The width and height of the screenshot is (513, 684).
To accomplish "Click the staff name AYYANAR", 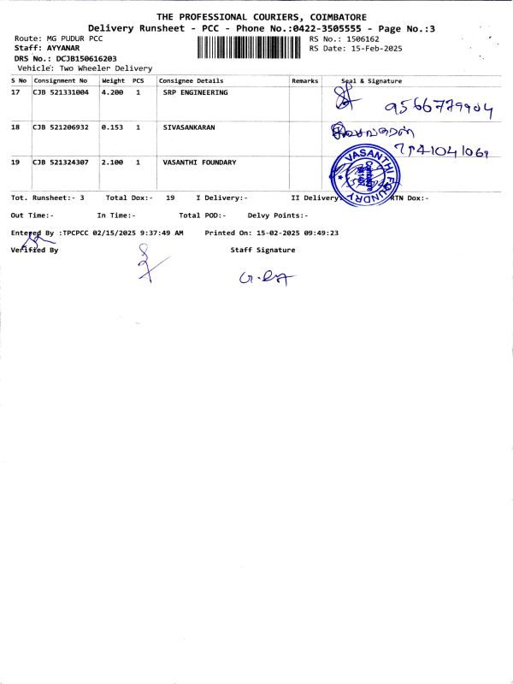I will pyautogui.click(x=63, y=49).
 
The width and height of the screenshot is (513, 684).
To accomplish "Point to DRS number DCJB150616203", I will pyautogui.click(x=86, y=58).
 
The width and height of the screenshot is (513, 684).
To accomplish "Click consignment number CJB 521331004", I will pyautogui.click(x=61, y=92).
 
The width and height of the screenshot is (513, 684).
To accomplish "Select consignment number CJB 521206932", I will pyautogui.click(x=61, y=127).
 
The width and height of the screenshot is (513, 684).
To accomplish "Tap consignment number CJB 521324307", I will pyautogui.click(x=61, y=162).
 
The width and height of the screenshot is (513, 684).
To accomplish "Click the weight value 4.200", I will pyautogui.click(x=113, y=92).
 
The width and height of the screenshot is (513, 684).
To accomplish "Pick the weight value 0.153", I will pyautogui.click(x=112, y=127).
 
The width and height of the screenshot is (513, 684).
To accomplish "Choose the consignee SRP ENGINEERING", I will pyautogui.click(x=195, y=92).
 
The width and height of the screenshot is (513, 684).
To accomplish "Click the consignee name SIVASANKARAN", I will pyautogui.click(x=189, y=127).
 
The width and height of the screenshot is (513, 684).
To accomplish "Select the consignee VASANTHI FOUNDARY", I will pyautogui.click(x=199, y=162).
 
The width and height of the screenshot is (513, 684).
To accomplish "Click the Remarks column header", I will pyautogui.click(x=304, y=80).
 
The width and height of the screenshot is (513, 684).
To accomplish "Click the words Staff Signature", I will pyautogui.click(x=262, y=250).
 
